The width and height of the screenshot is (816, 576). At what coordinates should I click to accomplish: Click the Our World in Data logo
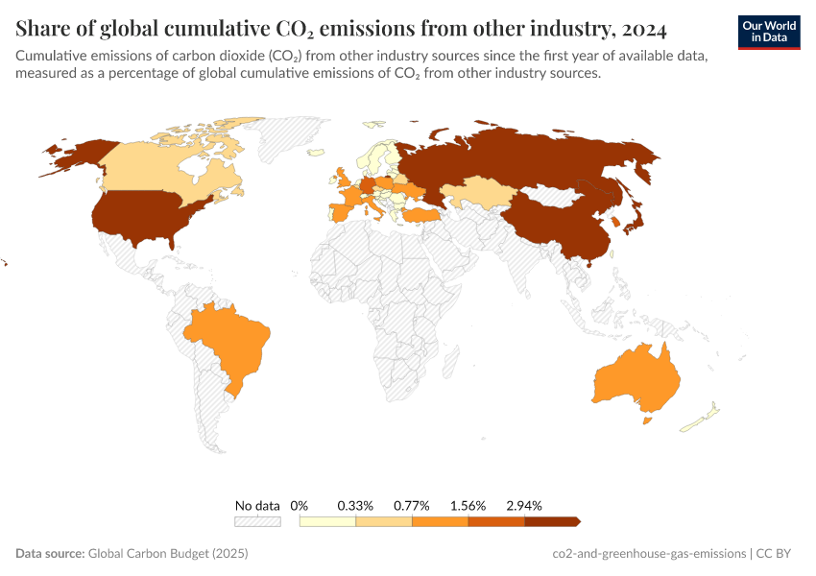[768, 31]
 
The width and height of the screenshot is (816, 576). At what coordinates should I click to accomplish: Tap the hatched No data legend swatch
[257, 521]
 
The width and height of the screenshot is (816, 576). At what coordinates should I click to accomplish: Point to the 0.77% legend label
[411, 505]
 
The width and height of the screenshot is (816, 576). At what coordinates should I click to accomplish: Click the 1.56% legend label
[468, 505]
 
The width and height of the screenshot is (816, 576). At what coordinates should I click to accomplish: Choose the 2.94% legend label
[524, 505]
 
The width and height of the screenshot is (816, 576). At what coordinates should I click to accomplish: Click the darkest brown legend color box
[551, 521]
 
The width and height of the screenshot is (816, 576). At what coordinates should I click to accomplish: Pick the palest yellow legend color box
[327, 521]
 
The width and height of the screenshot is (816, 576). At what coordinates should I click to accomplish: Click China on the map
[557, 221]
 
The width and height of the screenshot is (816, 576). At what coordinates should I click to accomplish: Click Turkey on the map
[422, 216]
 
